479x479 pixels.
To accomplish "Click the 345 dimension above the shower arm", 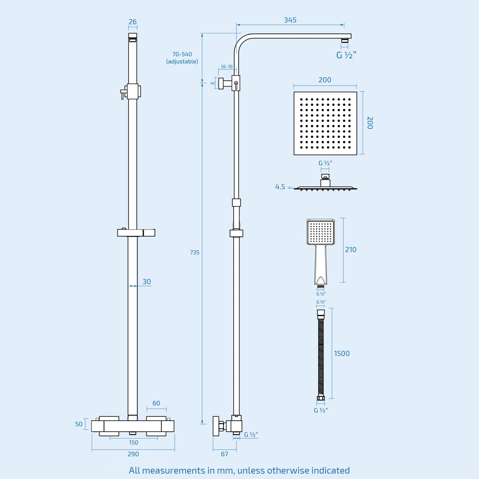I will tap(290, 20).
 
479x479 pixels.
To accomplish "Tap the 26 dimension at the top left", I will tap(133, 22).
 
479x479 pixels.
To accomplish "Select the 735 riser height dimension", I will tap(195, 252).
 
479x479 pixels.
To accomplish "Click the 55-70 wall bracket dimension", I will tap(227, 67).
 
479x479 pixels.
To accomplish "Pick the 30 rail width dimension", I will tap(147, 282).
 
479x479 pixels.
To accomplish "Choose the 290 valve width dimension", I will tap(133, 454).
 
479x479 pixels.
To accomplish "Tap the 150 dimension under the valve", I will tap(134, 442).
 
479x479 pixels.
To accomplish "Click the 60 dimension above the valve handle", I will tap(156, 403).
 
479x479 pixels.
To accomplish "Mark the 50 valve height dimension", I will tap(79, 424).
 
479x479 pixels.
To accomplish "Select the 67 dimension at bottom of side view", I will tap(225, 454).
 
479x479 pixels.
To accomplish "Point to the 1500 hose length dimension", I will tap(342, 354).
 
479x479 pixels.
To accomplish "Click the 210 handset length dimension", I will tap(351, 250).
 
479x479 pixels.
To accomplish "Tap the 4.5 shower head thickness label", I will tap(280, 187).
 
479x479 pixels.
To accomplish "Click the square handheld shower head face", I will tap(321, 232).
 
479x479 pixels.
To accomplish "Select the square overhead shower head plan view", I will tap(325, 123).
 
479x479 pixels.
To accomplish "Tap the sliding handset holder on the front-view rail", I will tap(136, 232).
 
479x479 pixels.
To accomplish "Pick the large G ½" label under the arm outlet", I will tap(346, 55).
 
